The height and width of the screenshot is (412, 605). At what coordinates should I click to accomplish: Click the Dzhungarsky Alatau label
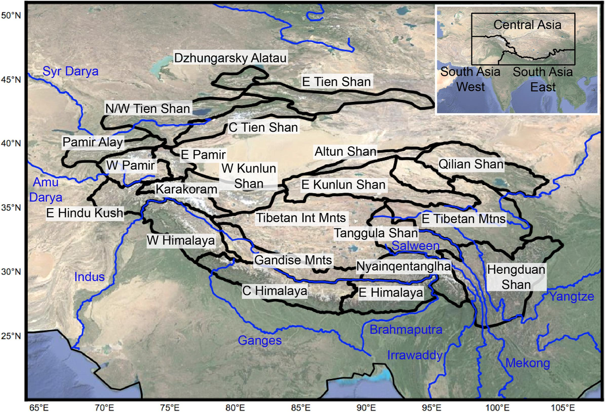coord(230,58)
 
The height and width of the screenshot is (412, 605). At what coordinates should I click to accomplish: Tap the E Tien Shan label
coord(336,81)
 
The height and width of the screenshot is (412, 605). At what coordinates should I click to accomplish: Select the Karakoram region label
coord(187,190)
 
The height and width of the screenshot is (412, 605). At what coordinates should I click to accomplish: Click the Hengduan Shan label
coord(516,277)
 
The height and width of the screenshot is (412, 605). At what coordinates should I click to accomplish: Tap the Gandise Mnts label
coord(293,261)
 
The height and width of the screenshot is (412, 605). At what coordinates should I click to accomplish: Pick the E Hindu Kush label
coord(84,213)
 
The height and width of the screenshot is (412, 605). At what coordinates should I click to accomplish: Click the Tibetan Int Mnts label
coord(301,218)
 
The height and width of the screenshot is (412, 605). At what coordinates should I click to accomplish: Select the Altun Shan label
coord(345,151)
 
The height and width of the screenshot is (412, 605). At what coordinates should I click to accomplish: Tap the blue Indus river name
coord(89,276)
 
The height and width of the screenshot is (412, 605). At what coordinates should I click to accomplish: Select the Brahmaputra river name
coord(406,330)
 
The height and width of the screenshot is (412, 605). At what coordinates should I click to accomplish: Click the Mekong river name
coord(527,363)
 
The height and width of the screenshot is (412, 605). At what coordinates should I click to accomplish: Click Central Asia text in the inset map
coord(527,24)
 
